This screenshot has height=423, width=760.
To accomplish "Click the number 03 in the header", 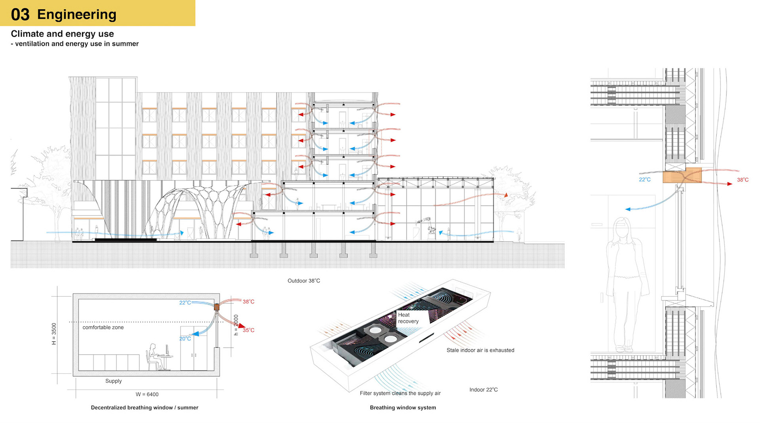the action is coord(20,15).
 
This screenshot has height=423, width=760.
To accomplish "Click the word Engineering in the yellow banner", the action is coord(77,15).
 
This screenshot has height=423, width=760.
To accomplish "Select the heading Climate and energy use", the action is coord(62,34).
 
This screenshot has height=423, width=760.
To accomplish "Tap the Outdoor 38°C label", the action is coord(304,281).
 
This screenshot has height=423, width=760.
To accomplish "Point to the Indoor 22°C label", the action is coord(483,390).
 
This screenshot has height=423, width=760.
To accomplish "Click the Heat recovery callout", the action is coord(408,318).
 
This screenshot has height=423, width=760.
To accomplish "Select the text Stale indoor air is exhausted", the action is coord(480,350).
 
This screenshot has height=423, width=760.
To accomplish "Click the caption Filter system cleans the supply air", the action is coord(400,393).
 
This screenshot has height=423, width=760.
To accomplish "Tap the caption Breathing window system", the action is coord(403,408).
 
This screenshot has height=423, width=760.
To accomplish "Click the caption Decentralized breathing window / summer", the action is coord(144,408).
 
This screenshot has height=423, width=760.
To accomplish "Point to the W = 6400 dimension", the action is coord(147,395).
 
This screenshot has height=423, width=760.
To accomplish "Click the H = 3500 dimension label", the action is coord(54,334).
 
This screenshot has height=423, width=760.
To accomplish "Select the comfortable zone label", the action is coord(103,327).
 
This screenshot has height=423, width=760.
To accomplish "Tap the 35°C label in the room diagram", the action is coord(249,330).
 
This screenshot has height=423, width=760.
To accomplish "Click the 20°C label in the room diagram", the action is coord(185,339).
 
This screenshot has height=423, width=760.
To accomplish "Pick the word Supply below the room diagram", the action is coord(114,381).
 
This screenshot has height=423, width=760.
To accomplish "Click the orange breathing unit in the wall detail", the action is coord(682,175).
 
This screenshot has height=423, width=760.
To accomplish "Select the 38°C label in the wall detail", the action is coord(743,180).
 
